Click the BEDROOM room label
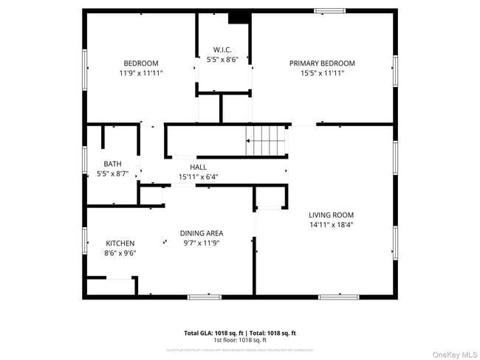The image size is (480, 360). click(x=140, y=63)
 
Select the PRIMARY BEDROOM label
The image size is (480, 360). click(x=322, y=63)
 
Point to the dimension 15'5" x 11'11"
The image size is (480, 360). click(x=322, y=73)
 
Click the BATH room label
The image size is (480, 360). click(x=112, y=164)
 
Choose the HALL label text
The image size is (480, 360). click(x=198, y=167)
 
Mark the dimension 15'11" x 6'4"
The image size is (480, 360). click(x=198, y=177)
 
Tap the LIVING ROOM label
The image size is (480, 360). click(x=331, y=215)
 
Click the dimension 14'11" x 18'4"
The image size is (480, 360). click(x=331, y=224)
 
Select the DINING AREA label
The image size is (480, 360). click(x=202, y=233)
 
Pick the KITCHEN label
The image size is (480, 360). click(x=120, y=243)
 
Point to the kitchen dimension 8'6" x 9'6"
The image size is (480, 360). click(x=120, y=252)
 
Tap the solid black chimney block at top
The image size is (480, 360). click(x=239, y=18)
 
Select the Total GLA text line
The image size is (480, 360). click(x=240, y=333)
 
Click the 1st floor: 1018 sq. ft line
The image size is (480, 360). click(x=240, y=340)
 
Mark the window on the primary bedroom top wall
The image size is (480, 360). click(x=329, y=10)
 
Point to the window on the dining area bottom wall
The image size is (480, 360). click(x=205, y=297)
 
